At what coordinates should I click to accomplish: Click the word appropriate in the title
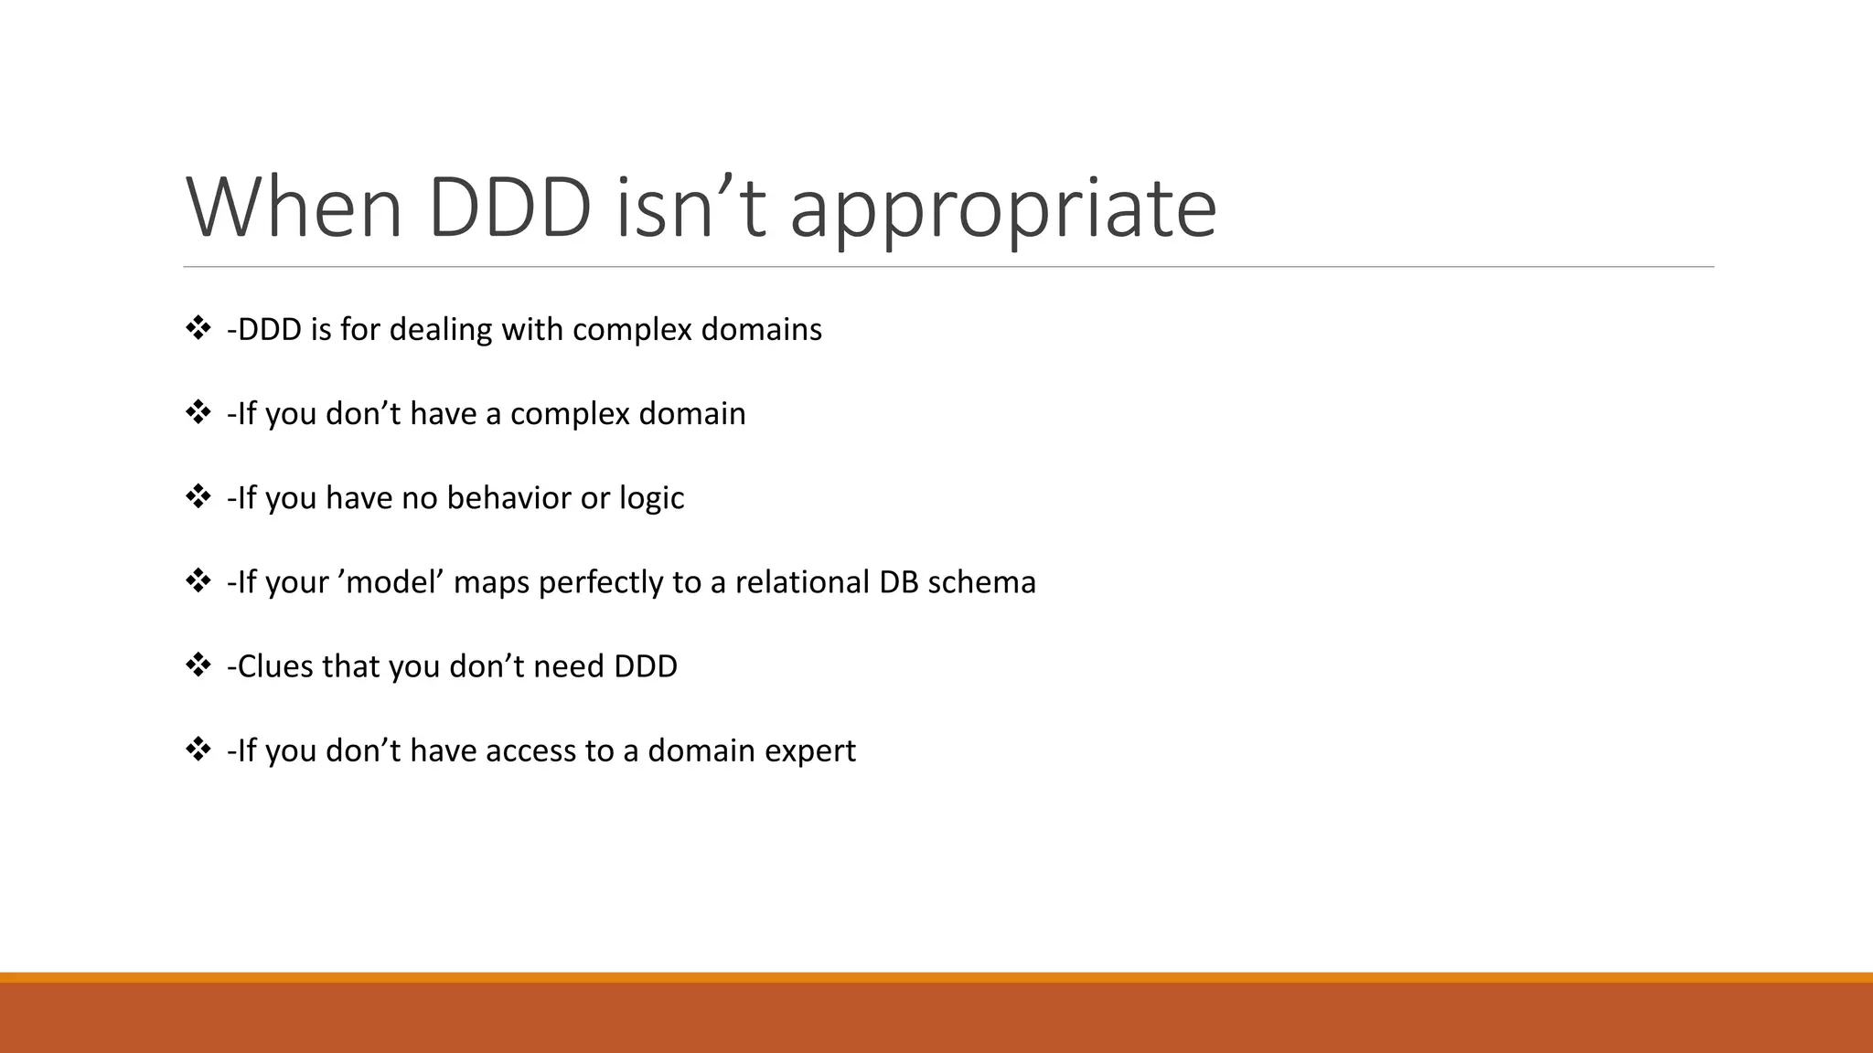point(1002,210)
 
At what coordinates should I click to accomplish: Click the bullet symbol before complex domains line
point(198,328)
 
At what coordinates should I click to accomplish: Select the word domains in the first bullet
point(761,329)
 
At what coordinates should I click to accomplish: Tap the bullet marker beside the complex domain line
point(198,412)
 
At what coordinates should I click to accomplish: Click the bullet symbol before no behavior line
point(198,496)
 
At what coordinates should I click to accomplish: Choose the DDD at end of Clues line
point(646,666)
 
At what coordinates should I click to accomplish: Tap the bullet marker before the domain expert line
point(198,750)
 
